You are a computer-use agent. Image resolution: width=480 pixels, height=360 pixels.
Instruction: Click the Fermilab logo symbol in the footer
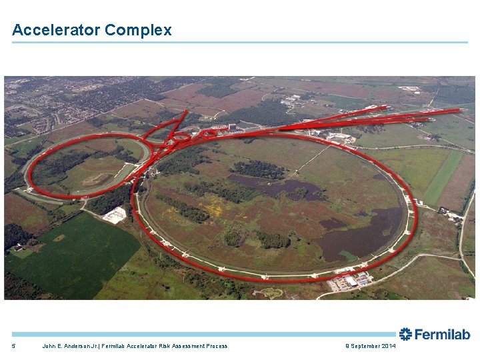point(405,335)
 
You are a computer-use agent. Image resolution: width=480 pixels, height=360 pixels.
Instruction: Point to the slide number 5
point(13,346)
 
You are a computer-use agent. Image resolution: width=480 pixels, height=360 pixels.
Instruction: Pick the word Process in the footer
point(215,346)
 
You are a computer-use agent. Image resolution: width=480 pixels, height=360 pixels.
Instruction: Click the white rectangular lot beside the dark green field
point(115,215)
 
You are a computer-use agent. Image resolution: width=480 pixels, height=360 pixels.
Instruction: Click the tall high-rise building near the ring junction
point(232,127)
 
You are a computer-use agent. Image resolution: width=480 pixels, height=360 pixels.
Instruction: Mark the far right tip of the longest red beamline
point(459,109)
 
